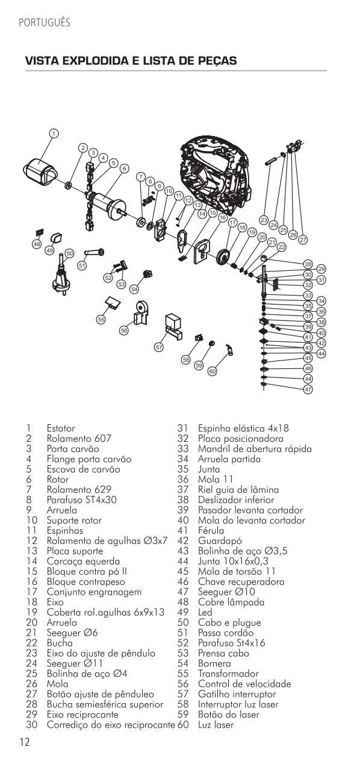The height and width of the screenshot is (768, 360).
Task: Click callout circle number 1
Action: (54, 134)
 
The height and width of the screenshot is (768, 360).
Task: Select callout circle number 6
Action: (124, 169)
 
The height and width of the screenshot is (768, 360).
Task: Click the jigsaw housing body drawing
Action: (216, 178)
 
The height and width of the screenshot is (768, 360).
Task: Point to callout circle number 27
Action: (303, 240)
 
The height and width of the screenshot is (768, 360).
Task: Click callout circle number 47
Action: (308, 389)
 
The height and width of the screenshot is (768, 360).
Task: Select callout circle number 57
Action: (159, 347)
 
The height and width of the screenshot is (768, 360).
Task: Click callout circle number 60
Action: (213, 371)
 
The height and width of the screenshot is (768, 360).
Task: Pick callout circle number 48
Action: (37, 244)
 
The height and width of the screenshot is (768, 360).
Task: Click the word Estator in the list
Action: (61, 428)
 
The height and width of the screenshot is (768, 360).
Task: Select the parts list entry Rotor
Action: (58, 479)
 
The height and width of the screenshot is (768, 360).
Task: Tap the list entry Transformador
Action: (228, 674)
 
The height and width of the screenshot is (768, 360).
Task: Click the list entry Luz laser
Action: (216, 725)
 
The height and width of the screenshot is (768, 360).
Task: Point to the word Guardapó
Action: (220, 541)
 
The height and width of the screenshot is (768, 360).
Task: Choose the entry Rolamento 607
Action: (79, 439)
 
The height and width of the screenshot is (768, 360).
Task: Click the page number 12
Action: (25, 742)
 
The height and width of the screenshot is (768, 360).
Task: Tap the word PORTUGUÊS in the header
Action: (45, 23)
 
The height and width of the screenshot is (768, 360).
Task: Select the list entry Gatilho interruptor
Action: (237, 695)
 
